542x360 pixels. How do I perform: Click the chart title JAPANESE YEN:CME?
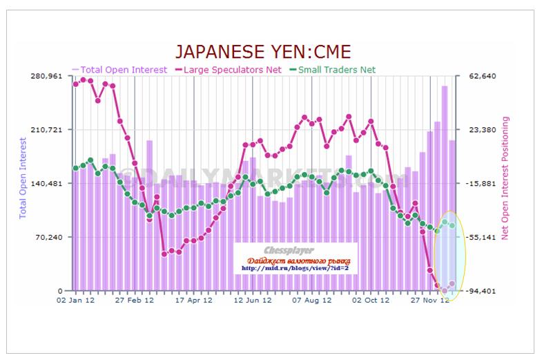tap(262, 51)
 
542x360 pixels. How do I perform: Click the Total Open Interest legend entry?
tap(119, 69)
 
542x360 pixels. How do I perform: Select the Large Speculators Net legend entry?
tap(232, 69)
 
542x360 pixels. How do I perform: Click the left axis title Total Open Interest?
tap(22, 178)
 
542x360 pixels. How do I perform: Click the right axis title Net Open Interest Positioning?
tap(505, 178)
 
